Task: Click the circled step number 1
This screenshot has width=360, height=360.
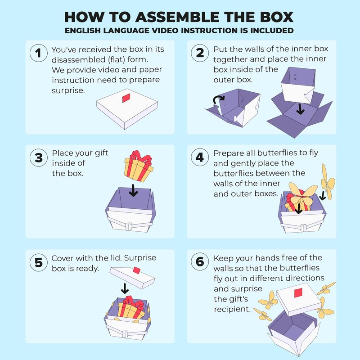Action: click(x=39, y=53)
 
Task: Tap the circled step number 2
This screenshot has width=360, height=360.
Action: click(x=200, y=53)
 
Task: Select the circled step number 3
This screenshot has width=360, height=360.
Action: click(x=39, y=158)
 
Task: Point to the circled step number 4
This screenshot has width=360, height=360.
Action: click(x=200, y=157)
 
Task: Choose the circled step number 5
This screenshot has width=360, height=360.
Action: click(x=39, y=262)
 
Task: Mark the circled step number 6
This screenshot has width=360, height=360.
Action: click(x=200, y=262)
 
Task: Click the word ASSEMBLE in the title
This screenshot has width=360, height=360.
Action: click(x=177, y=17)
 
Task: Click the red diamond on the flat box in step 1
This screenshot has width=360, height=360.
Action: click(x=126, y=98)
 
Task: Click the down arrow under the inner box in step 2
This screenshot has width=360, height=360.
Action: click(x=300, y=109)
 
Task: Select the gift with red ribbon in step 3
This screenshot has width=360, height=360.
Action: click(x=139, y=166)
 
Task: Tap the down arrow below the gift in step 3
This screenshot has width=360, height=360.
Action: click(x=133, y=190)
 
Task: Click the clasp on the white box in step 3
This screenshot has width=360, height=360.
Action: click(x=129, y=226)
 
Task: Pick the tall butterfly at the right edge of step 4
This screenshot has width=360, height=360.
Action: click(x=328, y=181)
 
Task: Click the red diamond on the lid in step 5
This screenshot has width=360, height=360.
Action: click(x=137, y=270)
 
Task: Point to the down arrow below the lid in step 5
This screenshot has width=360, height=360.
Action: click(x=125, y=288)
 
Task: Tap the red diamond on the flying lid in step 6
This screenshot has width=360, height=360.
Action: click(x=298, y=293)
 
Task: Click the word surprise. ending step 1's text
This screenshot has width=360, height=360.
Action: click(x=68, y=90)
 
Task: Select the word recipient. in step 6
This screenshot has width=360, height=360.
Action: click(x=232, y=309)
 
